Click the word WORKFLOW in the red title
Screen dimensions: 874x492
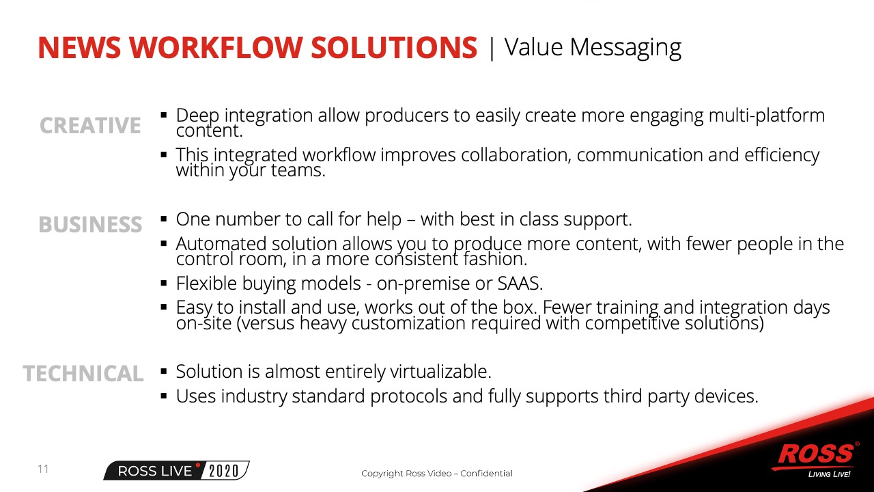(x=216, y=48)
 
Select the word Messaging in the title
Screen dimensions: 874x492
(x=625, y=49)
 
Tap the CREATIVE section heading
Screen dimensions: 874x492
(x=90, y=125)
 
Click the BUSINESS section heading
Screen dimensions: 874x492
(x=90, y=225)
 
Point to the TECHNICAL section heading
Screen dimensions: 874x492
(x=83, y=373)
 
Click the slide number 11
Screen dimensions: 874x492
(x=43, y=469)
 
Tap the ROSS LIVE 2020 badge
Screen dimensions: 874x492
(x=176, y=471)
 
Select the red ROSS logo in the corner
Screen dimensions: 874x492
(x=815, y=455)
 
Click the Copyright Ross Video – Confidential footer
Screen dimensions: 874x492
(x=436, y=474)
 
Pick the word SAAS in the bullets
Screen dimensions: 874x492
(x=520, y=284)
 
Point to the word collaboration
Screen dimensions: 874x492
(x=517, y=155)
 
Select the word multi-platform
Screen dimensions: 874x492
(x=766, y=116)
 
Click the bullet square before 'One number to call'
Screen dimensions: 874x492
(x=164, y=219)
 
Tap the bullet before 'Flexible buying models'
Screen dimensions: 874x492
(x=164, y=283)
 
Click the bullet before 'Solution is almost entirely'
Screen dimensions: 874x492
(x=164, y=371)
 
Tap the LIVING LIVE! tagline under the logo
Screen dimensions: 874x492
(x=829, y=474)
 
